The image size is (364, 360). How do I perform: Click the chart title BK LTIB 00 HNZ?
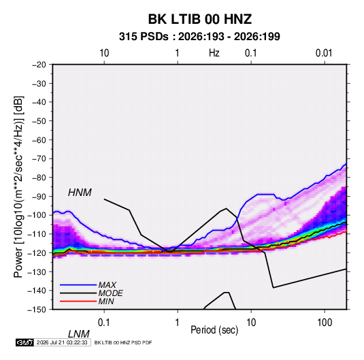(200, 19)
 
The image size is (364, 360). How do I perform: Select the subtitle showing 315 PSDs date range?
(199, 37)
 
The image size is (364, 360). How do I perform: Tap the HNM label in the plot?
(80, 193)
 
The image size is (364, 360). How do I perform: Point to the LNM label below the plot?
(79, 334)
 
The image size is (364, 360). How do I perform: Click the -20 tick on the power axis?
(39, 65)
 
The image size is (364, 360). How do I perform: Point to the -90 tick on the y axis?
(39, 197)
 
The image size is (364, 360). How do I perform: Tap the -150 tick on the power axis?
(37, 310)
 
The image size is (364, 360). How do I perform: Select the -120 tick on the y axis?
(37, 253)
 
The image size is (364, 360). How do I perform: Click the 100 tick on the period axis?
(325, 323)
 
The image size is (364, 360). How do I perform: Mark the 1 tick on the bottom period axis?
(177, 323)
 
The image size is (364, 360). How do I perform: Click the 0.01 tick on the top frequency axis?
(324, 53)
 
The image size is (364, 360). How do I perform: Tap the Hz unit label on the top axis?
(214, 53)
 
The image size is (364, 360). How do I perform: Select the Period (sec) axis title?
(214, 330)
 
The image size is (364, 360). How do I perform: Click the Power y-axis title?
(18, 186)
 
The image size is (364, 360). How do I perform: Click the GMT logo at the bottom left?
(24, 342)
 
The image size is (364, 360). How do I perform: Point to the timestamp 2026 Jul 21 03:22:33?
(62, 342)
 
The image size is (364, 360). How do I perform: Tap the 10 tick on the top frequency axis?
(104, 53)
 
